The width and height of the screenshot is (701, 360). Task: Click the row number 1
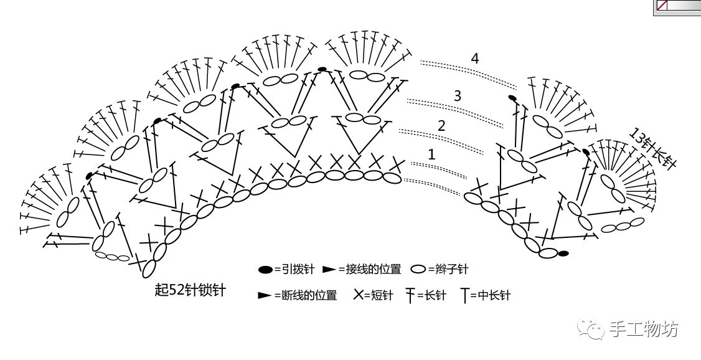pos(431,154)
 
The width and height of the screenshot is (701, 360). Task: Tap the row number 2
pos(441,125)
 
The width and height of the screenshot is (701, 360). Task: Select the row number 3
pos(458,96)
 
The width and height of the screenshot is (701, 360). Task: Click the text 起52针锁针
pos(190,290)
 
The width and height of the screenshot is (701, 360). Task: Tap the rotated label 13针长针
pos(652,148)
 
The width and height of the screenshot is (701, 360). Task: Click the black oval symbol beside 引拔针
pos(266,270)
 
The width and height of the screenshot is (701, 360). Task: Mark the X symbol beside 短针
pos(359,295)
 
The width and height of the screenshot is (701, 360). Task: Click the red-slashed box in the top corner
pos(662,6)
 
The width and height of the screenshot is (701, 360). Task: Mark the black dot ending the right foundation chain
pos(563,253)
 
